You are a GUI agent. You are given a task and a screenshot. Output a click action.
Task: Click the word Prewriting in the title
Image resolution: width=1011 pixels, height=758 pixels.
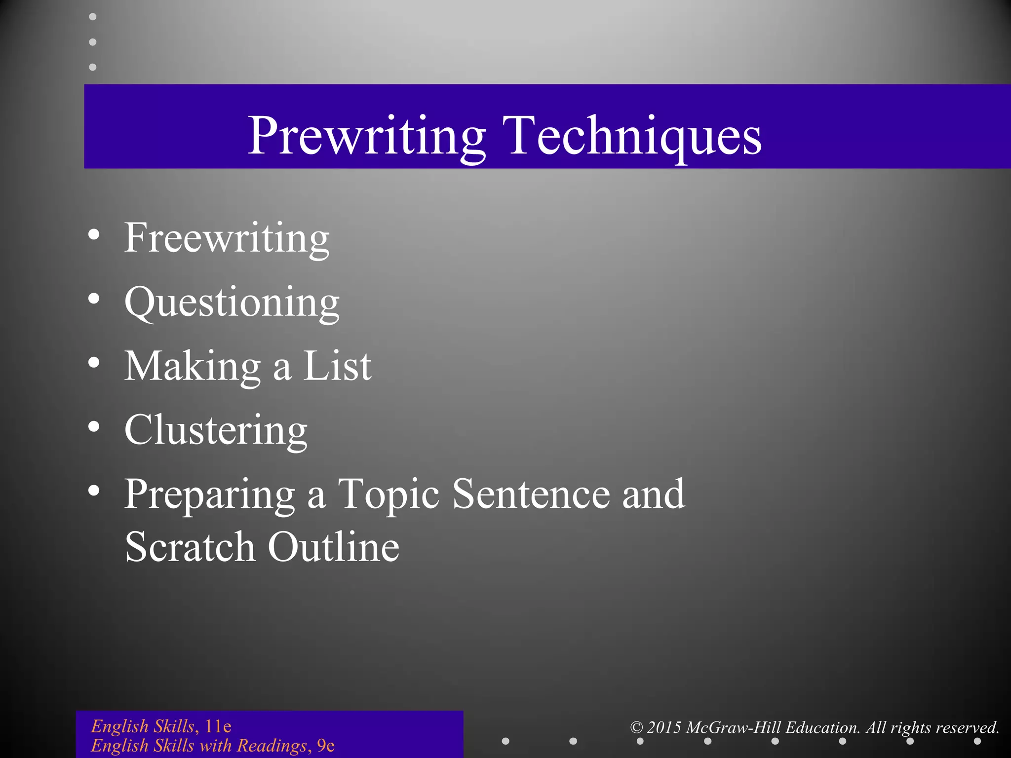click(366, 136)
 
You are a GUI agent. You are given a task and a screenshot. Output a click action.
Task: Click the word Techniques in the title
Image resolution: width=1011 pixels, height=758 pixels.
click(632, 136)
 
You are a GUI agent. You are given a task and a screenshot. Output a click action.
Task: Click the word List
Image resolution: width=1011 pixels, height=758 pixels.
click(337, 367)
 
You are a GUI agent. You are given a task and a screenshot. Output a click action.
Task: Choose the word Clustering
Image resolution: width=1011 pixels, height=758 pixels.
click(216, 431)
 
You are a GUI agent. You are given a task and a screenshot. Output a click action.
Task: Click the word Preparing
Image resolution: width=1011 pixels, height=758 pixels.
click(209, 495)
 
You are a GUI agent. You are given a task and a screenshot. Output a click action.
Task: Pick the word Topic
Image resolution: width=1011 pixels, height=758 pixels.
click(389, 495)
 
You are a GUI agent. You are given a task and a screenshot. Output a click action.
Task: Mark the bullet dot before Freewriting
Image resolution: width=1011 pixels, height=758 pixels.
click(94, 235)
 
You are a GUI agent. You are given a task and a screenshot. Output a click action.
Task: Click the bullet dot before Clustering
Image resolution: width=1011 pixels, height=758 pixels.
click(94, 427)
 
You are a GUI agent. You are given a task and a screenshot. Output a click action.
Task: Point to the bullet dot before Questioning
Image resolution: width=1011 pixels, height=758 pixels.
click(94, 299)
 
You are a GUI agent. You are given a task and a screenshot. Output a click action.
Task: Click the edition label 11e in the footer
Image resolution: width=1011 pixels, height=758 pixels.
click(218, 726)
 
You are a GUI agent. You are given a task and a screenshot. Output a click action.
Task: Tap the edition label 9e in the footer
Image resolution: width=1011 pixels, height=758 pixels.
click(326, 746)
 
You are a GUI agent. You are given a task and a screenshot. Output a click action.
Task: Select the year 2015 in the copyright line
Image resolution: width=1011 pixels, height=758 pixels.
click(664, 727)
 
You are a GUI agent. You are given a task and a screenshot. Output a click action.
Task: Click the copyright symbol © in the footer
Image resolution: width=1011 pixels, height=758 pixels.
click(637, 727)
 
